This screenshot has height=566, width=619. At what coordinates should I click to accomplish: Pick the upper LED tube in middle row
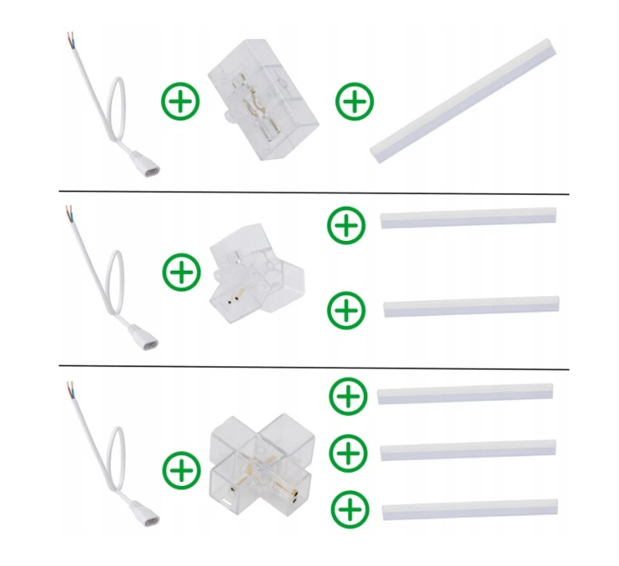[469, 217]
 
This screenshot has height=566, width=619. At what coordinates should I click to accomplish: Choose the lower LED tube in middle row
[470, 307]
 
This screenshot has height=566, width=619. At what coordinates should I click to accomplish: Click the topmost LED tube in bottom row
[465, 394]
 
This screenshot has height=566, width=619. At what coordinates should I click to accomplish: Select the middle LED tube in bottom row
[468, 450]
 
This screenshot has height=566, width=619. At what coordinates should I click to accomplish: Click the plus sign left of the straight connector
[180, 102]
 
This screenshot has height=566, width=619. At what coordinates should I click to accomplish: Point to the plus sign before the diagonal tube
[355, 102]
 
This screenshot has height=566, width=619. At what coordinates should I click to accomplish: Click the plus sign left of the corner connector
[182, 271]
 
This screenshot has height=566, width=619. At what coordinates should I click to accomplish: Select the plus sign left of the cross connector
[182, 471]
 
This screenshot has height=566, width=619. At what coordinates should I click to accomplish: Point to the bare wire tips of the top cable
[70, 39]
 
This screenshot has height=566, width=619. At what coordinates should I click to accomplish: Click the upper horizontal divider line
[314, 193]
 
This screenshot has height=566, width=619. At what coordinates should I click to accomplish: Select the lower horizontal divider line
[314, 368]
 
